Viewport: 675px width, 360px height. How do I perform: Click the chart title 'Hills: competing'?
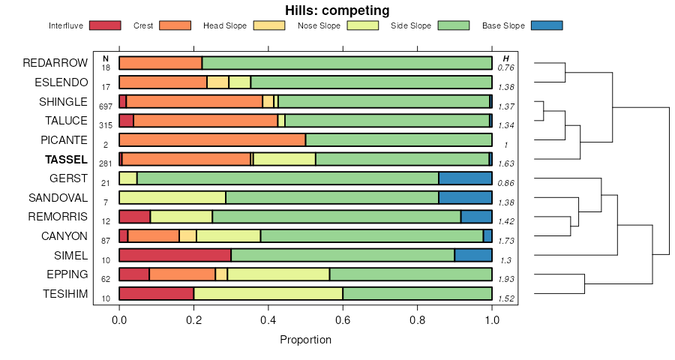(337, 10)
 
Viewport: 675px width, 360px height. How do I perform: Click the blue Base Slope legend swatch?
(546, 25)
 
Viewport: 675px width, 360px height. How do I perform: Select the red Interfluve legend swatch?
(104, 25)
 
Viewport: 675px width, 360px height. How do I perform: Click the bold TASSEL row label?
(67, 159)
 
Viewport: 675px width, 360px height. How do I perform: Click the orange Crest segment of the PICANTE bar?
(212, 139)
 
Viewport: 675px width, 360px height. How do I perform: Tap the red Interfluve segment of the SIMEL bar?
(175, 255)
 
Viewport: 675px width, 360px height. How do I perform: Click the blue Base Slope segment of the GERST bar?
(465, 178)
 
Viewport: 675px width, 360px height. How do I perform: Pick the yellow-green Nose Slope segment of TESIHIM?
(268, 293)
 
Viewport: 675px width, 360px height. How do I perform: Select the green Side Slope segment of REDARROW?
(346, 63)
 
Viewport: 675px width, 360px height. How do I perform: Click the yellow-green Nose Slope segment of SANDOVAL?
(172, 197)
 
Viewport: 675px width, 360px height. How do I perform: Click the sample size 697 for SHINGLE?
(106, 106)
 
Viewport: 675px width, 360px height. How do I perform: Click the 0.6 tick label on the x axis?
(343, 321)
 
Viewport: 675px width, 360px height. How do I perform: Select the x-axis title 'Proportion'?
(305, 340)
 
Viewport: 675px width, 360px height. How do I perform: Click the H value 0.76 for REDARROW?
(506, 68)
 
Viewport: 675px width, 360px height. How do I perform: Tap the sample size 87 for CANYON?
(106, 241)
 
